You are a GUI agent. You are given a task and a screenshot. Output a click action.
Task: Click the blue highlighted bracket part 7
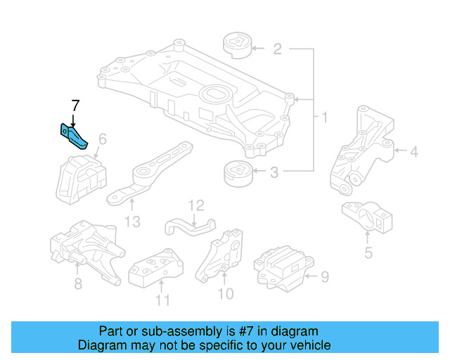click(73, 136)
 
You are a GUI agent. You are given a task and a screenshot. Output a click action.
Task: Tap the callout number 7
click(75, 106)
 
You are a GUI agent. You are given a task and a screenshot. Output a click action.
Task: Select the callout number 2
click(277, 49)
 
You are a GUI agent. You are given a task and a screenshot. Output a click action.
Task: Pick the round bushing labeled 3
click(237, 174)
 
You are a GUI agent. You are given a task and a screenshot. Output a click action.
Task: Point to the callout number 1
click(324, 117)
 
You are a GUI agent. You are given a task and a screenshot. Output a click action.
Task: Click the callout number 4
click(414, 150)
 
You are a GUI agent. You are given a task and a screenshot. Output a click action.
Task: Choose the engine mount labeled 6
click(78, 179)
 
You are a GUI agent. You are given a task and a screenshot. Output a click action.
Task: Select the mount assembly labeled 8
click(85, 251)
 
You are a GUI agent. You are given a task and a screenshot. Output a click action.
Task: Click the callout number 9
click(324, 277)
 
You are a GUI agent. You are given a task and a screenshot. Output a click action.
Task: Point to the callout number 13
click(133, 222)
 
